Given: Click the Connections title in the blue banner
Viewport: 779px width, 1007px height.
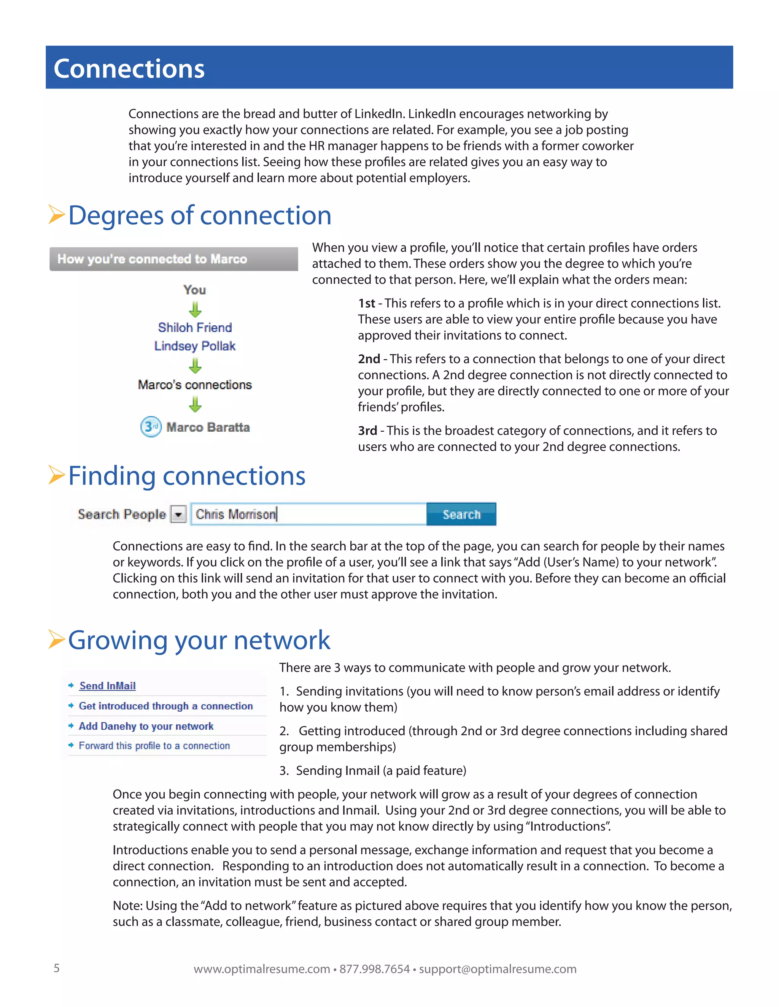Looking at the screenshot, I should coord(129,69).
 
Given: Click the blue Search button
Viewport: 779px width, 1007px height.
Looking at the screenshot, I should coord(461,514).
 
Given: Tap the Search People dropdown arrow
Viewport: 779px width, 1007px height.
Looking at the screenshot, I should coord(178,514).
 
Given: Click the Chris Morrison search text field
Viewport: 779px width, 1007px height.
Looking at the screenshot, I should coord(308,514).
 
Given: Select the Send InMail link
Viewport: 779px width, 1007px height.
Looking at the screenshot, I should coord(108,686).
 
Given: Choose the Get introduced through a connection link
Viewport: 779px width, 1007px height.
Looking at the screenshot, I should coord(166,706).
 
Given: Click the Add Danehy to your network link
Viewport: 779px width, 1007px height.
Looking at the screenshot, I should coord(146,726).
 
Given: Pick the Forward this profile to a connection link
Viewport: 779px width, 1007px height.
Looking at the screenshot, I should coord(154,746).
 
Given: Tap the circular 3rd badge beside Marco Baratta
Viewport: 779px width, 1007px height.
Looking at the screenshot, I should coord(151,427).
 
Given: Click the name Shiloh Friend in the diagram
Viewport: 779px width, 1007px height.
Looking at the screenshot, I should coord(195,327).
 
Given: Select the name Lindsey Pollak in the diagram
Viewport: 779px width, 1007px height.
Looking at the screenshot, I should coord(195,346).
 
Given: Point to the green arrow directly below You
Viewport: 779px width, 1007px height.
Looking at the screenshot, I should coord(195,309).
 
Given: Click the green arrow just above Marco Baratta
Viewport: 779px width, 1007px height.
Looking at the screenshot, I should coord(195,404).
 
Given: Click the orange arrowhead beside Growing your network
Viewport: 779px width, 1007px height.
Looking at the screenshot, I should coord(56,640).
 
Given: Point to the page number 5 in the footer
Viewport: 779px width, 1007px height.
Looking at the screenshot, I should coord(57,968).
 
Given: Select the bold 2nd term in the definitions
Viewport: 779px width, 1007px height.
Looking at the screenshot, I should coord(369,359).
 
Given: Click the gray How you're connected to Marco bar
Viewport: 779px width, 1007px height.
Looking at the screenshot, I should coord(173,259).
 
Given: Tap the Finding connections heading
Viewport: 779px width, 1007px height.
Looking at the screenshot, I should coord(187,476).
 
